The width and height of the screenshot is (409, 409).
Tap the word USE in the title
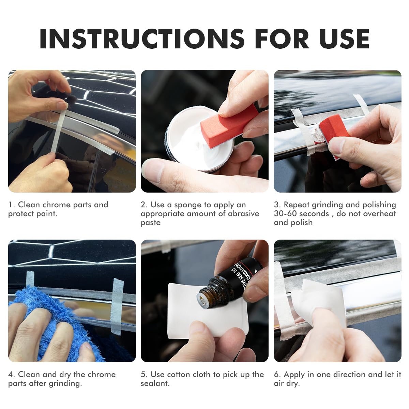tap(344, 39)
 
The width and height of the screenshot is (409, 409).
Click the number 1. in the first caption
tap(12, 205)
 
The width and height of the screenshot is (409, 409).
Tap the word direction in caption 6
tap(353, 375)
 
